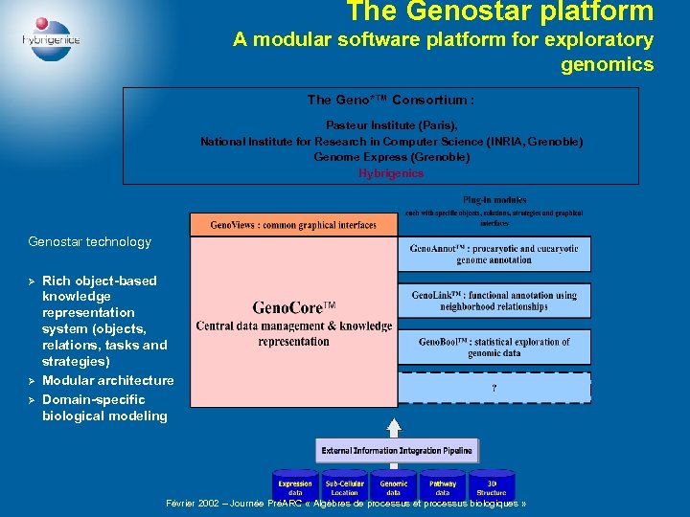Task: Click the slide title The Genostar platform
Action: click(499, 12)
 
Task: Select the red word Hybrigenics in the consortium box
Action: click(391, 173)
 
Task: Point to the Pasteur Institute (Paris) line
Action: click(391, 125)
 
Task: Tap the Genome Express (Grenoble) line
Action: click(391, 157)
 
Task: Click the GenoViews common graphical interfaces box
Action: click(293, 225)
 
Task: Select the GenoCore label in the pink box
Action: click(293, 308)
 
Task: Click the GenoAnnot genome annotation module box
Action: click(494, 254)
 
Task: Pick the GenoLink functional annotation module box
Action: click(494, 301)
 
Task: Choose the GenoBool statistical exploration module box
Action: click(494, 347)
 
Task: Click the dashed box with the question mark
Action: click(494, 388)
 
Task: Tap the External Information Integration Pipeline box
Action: click(396, 450)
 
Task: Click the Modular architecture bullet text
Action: click(108, 380)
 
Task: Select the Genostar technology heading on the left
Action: click(90, 242)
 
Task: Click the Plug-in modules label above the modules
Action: click(494, 200)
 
